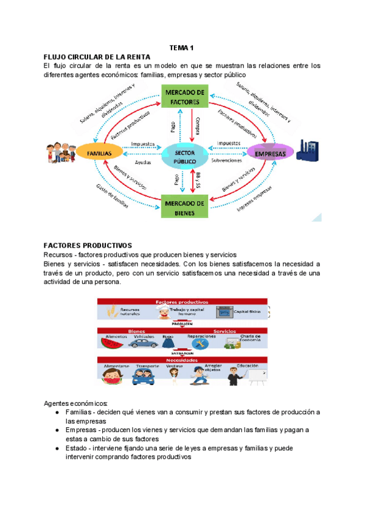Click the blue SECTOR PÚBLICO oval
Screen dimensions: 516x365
[185, 155]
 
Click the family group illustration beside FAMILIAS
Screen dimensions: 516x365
[59, 153]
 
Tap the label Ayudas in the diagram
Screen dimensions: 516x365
[144, 163]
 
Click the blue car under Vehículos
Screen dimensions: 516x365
[143, 343]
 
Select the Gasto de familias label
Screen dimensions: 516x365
[113, 197]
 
